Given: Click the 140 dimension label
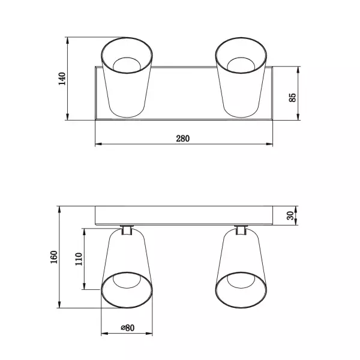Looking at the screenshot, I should [61, 79].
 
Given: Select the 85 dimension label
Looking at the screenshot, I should [293, 97].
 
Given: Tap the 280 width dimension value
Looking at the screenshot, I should [183, 138].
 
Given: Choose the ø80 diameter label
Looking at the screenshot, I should [127, 328].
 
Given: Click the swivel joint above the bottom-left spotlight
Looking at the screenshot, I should [127, 229].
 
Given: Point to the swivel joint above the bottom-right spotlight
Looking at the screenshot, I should [241, 229].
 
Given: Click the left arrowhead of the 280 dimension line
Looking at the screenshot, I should [98, 144].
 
